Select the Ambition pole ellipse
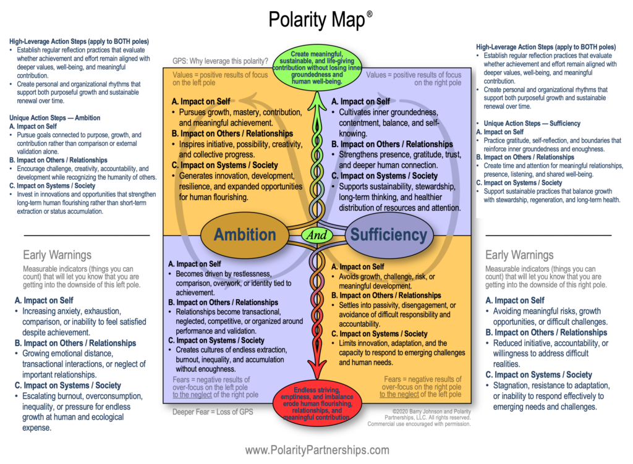245,234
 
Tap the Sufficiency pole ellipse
388,234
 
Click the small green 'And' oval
316,235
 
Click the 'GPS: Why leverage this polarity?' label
220,61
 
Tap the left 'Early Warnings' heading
57,255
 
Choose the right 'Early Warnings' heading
519,255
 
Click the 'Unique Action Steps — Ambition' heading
55,118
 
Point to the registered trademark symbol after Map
369,13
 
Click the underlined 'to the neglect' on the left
193,395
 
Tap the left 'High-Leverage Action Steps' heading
79,41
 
